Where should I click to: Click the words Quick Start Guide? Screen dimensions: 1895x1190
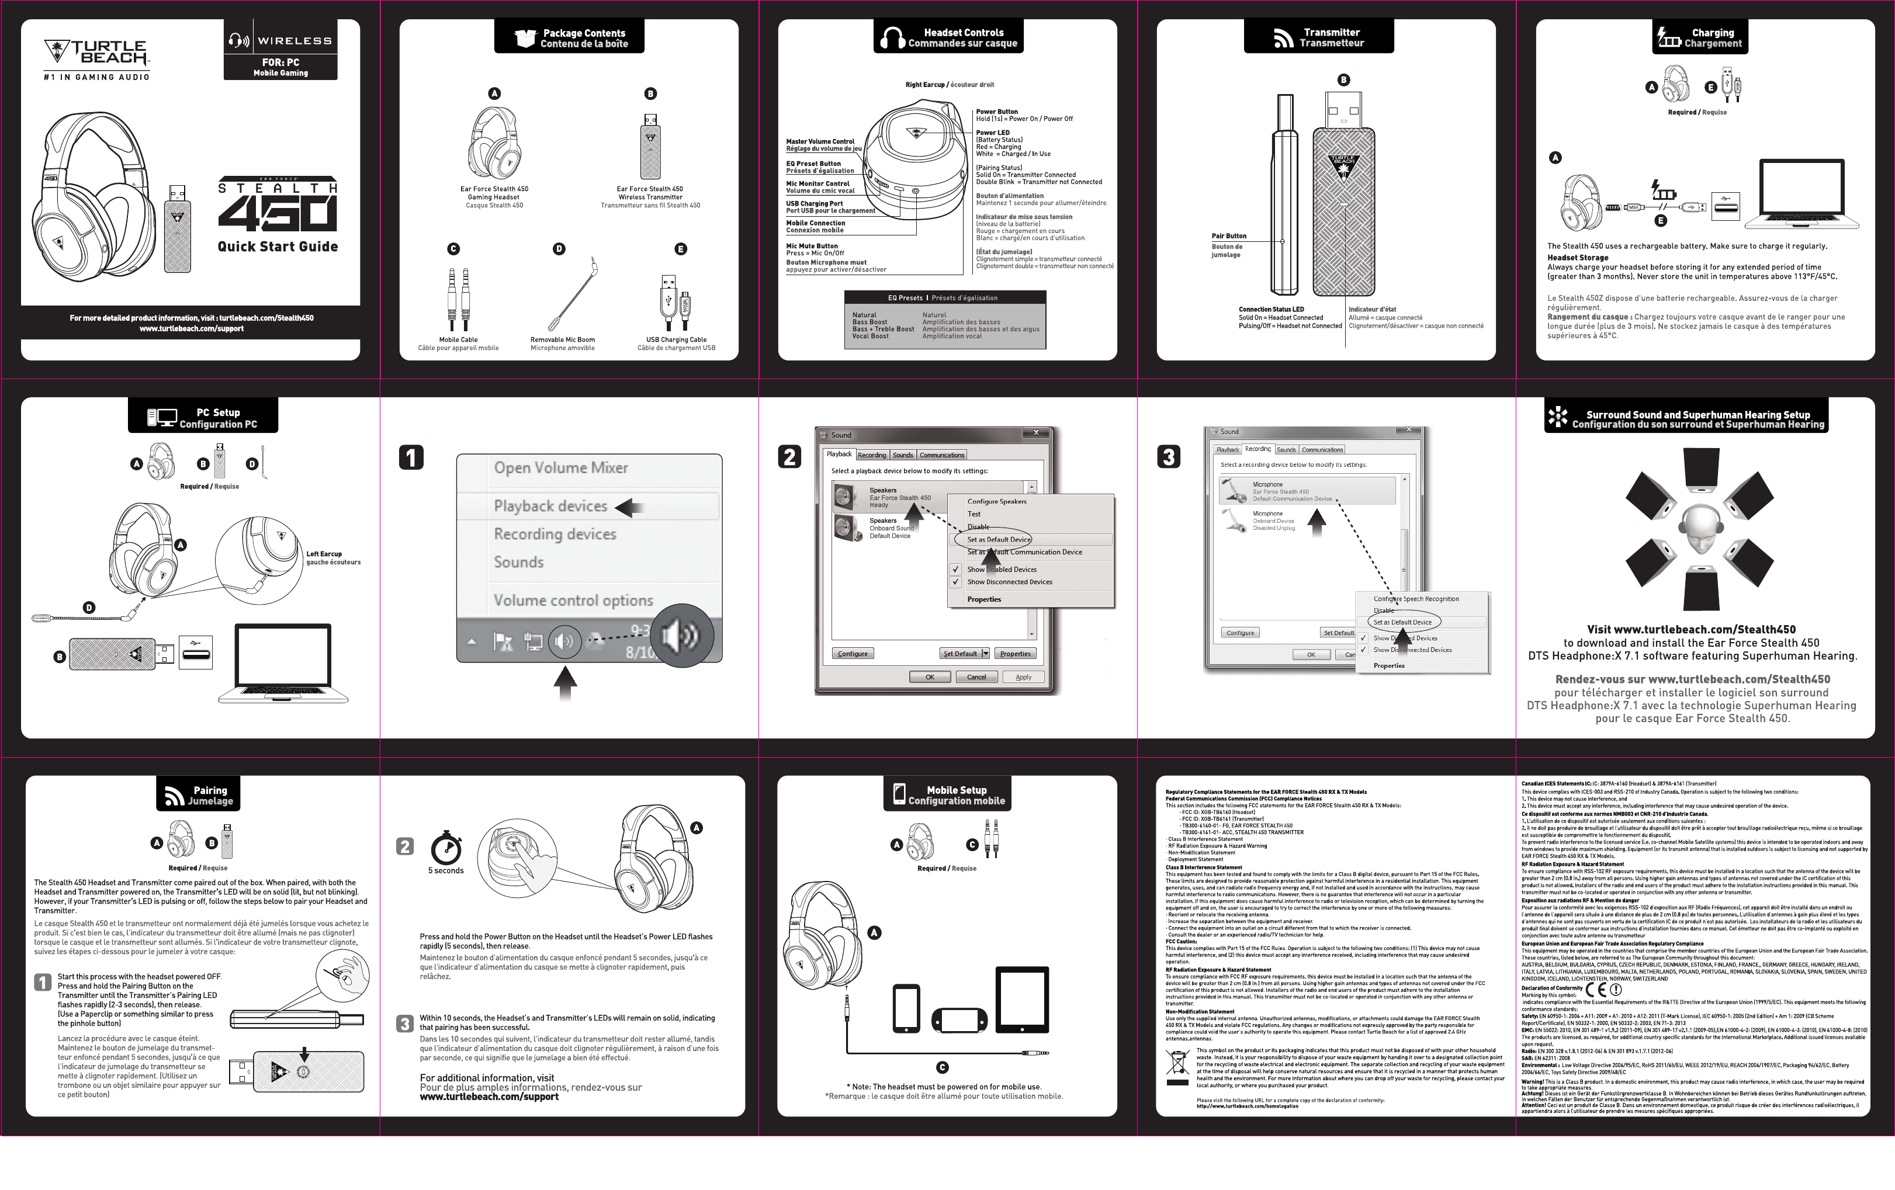(x=278, y=246)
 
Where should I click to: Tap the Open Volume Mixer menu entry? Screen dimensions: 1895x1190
(x=560, y=468)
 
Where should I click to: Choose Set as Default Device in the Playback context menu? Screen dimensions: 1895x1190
(x=998, y=540)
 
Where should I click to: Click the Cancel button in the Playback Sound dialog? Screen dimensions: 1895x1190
(x=976, y=677)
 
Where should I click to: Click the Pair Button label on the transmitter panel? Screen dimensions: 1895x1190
(x=1228, y=236)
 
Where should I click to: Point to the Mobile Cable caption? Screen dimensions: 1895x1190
(x=458, y=340)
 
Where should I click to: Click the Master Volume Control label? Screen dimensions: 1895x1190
(x=820, y=141)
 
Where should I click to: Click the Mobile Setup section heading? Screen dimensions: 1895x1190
(x=955, y=795)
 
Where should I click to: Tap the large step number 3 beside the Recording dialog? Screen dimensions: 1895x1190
(x=1169, y=457)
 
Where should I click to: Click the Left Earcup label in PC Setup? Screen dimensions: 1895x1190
(x=324, y=554)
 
